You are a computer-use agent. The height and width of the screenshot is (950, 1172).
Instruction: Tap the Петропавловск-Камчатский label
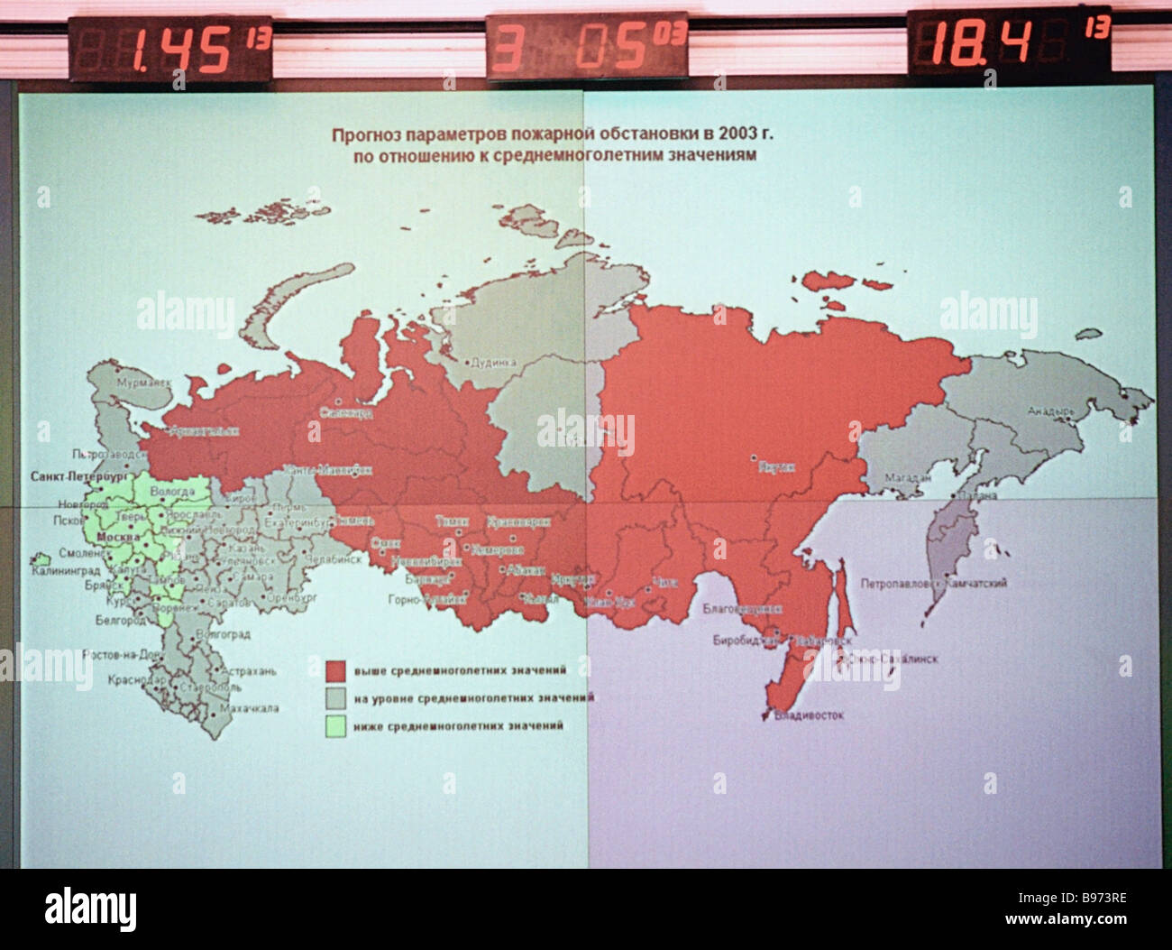click(933, 584)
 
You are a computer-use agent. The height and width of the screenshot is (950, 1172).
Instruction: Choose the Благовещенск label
click(740, 609)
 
